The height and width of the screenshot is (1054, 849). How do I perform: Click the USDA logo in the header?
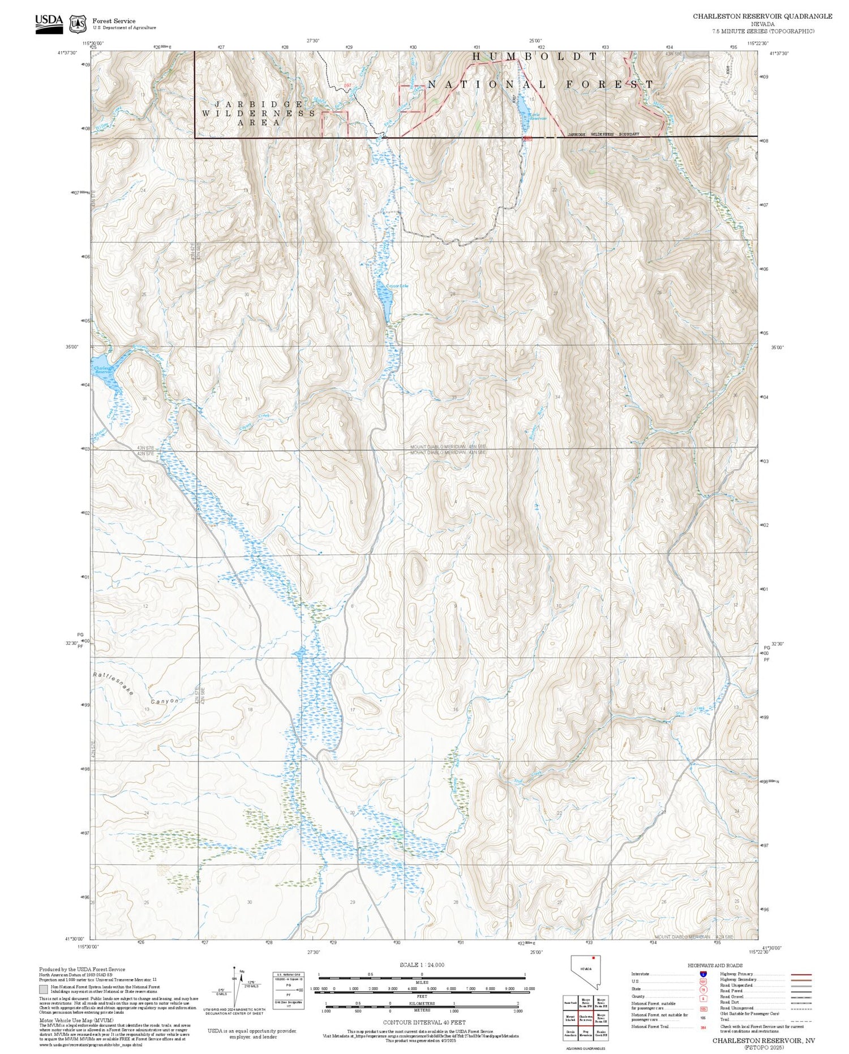click(x=49, y=24)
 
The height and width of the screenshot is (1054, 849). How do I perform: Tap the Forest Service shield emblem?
click(x=78, y=24)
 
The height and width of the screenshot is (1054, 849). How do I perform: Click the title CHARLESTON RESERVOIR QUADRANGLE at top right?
click(x=762, y=16)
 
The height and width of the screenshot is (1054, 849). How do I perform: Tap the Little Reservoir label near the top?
click(x=538, y=117)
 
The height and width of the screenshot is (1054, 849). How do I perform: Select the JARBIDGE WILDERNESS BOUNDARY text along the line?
click(x=603, y=134)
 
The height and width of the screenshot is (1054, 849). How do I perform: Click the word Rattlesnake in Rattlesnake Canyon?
click(x=113, y=684)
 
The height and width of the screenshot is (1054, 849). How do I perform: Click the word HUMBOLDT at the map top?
click(x=535, y=57)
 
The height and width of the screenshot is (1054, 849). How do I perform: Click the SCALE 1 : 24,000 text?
click(x=422, y=965)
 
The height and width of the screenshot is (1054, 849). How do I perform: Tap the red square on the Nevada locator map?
click(x=593, y=958)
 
